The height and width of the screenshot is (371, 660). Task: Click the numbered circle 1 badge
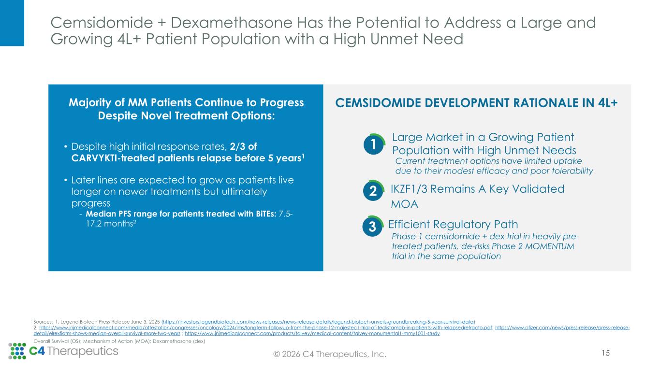(x=374, y=144)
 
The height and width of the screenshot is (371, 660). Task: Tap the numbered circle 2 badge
(x=373, y=191)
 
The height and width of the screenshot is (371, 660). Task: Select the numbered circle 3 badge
(x=373, y=226)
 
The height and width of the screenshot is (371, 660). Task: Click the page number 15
(x=605, y=353)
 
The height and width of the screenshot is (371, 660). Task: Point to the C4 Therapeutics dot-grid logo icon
(x=17, y=351)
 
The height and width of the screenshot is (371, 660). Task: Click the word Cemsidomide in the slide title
(x=102, y=23)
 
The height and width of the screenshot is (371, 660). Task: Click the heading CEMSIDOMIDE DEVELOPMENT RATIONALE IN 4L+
(x=476, y=103)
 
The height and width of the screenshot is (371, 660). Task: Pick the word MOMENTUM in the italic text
(x=549, y=246)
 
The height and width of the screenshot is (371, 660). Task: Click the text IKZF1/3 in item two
(x=409, y=189)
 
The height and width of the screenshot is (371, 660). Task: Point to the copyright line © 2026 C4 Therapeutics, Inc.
(x=330, y=354)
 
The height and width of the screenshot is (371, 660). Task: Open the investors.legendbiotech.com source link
(x=318, y=322)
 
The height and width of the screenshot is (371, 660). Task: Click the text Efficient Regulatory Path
(x=453, y=224)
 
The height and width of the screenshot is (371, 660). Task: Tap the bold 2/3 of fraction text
(x=243, y=146)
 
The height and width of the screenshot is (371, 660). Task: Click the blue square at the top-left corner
(x=12, y=23)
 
